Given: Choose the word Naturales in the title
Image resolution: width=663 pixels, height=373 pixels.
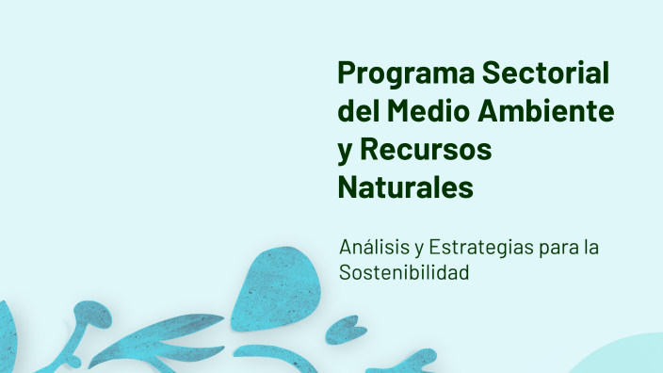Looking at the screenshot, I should (x=405, y=186).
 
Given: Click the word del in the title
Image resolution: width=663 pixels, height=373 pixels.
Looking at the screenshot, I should (x=356, y=111).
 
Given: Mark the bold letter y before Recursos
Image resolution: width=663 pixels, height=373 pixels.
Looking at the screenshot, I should (x=345, y=152).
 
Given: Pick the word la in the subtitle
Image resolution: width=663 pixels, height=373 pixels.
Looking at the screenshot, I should (x=591, y=249).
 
